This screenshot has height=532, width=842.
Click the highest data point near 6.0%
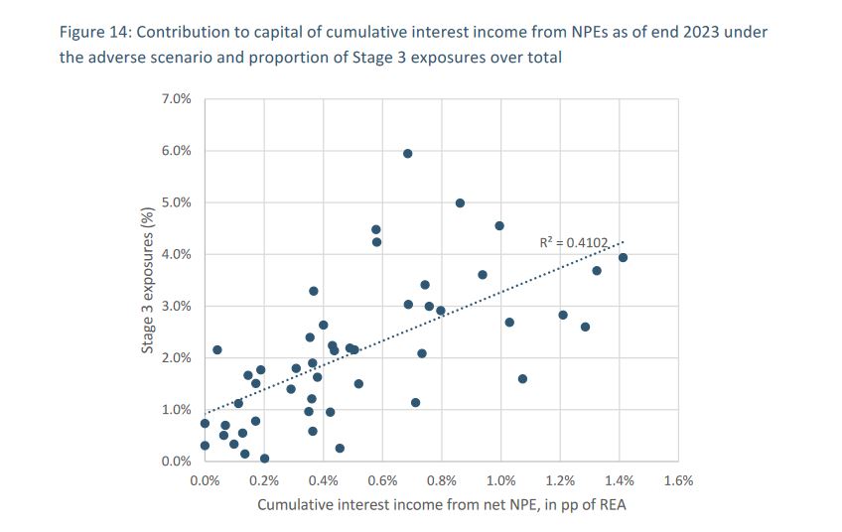(407, 153)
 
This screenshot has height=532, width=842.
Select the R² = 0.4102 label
(572, 240)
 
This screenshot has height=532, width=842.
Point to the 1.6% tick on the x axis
(678, 481)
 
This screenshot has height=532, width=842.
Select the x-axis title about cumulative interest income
(442, 505)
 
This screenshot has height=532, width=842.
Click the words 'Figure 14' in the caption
(92, 32)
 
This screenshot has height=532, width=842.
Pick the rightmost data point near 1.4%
(623, 258)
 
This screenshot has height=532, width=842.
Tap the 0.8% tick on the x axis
(442, 481)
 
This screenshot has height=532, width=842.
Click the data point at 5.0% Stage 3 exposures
(460, 202)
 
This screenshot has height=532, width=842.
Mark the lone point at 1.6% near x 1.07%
(522, 378)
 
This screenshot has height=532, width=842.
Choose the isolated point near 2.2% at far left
(217, 349)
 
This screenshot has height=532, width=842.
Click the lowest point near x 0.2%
(264, 459)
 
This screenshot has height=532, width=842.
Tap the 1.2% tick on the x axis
(560, 481)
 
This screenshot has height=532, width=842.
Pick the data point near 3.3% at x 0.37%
(314, 291)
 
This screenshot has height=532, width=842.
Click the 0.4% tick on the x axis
(324, 481)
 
